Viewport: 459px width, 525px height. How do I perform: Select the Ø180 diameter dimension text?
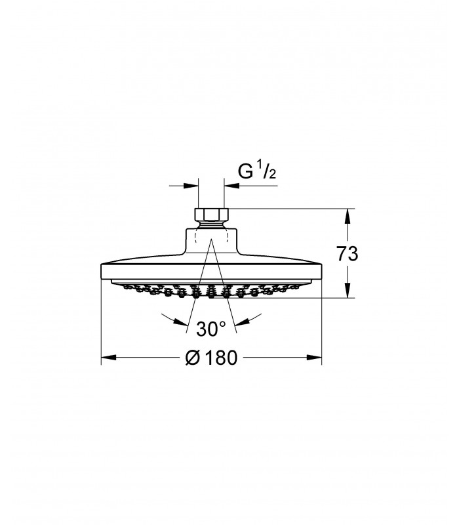pyautogui.click(x=211, y=358)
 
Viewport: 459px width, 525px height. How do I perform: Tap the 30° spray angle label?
pyautogui.click(x=210, y=329)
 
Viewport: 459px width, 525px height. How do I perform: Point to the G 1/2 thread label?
pyautogui.click(x=257, y=171)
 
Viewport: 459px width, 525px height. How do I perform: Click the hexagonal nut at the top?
pyautogui.click(x=211, y=215)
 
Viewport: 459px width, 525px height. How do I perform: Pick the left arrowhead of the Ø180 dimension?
pyautogui.click(x=108, y=358)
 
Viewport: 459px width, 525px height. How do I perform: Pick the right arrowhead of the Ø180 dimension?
pyautogui.click(x=314, y=358)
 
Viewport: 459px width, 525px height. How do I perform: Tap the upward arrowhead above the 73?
pyautogui.click(x=348, y=216)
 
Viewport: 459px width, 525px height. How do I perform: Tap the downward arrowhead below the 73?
pyautogui.click(x=348, y=290)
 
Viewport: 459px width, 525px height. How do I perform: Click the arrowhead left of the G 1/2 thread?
pyautogui.click(x=191, y=185)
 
